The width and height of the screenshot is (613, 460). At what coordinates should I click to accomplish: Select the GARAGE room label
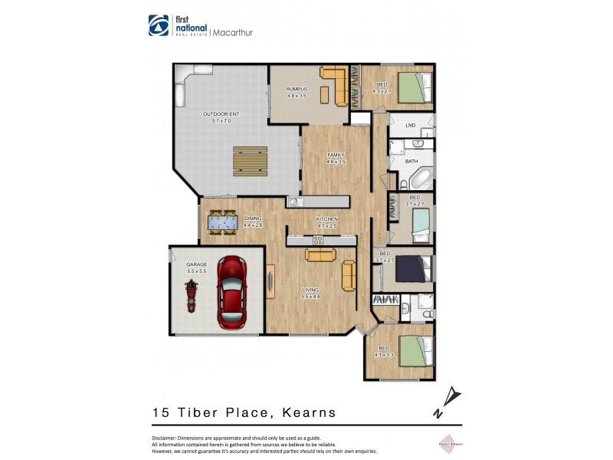(180, 264)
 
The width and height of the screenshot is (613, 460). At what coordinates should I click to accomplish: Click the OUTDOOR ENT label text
(221, 114)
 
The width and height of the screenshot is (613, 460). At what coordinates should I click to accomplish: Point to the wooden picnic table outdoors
(250, 159)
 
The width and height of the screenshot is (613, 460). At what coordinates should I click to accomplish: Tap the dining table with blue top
(223, 223)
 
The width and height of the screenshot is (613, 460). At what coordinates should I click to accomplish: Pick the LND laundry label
(411, 125)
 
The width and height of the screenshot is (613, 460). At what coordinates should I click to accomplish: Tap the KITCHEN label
(327, 219)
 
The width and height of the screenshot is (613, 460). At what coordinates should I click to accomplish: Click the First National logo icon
(158, 25)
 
